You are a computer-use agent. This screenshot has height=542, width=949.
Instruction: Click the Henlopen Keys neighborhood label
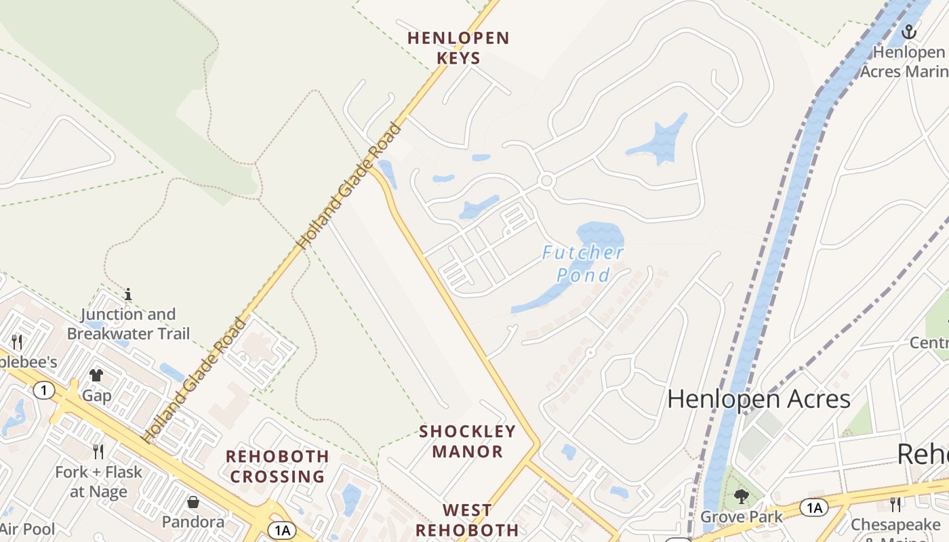(x=458, y=47)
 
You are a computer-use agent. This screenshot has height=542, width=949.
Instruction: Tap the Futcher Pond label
(x=583, y=264)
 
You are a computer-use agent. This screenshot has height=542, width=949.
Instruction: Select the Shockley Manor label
(x=468, y=441)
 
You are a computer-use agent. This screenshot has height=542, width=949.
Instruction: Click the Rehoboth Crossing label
(x=277, y=466)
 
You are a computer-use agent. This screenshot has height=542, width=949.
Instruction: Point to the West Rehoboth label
(x=467, y=520)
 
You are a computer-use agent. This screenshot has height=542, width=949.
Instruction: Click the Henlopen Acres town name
(x=759, y=399)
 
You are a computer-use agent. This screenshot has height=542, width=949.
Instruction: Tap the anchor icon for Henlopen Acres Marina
(x=908, y=32)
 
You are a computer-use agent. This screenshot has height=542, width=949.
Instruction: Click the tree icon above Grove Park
(x=742, y=497)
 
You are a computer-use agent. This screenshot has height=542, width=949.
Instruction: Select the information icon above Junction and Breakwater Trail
(x=128, y=294)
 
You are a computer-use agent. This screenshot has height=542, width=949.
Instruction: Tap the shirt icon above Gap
(x=96, y=375)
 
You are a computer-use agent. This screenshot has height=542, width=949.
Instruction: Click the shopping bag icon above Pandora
(x=193, y=502)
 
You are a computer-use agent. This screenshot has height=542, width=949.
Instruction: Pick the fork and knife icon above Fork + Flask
(x=99, y=451)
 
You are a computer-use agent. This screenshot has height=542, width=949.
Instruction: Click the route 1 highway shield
(x=44, y=390)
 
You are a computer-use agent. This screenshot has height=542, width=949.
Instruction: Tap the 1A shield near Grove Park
(x=813, y=507)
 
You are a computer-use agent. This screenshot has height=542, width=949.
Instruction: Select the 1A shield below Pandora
(x=281, y=530)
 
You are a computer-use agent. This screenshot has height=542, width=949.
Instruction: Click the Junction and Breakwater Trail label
(x=128, y=324)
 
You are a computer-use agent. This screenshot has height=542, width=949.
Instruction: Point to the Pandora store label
(x=193, y=522)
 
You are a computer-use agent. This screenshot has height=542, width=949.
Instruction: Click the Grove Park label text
(x=742, y=517)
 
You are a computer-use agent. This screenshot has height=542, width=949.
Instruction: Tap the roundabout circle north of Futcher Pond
(x=547, y=181)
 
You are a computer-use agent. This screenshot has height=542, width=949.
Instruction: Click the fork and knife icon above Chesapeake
(x=895, y=504)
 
